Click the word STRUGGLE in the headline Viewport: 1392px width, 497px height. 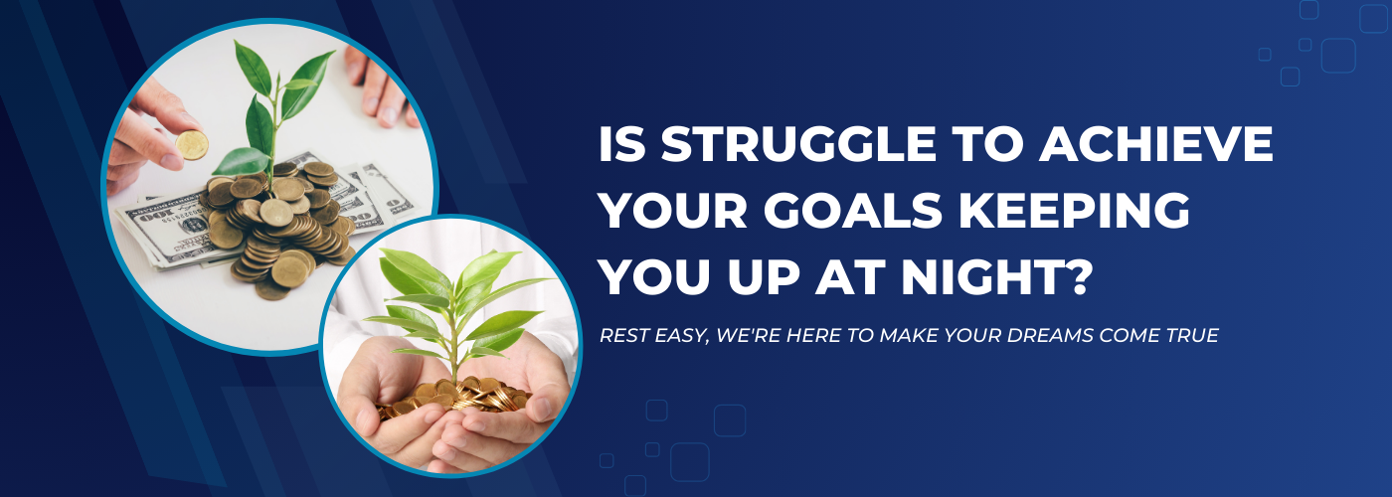pyautogui.click(x=798, y=144)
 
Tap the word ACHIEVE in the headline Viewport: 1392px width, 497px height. pyautogui.click(x=1156, y=144)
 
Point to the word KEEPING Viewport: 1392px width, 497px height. pyautogui.click(x=1075, y=211)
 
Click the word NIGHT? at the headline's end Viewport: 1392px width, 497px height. pyautogui.click(x=996, y=277)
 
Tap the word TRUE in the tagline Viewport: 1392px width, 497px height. pyautogui.click(x=1192, y=336)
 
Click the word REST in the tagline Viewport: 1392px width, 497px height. pyautogui.click(x=624, y=336)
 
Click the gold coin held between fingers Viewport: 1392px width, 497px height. pyautogui.click(x=191, y=145)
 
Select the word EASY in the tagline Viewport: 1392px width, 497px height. pyautogui.click(x=681, y=336)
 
